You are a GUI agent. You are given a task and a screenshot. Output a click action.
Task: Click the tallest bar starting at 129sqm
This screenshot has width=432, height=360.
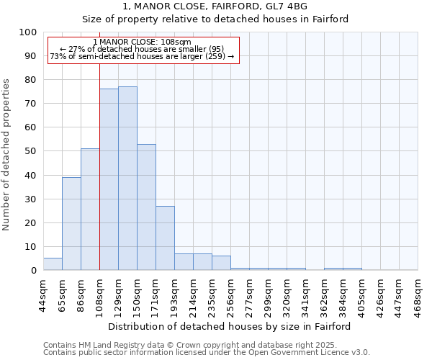point(127,179)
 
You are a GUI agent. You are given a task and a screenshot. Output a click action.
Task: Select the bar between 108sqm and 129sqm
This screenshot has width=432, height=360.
point(109,179)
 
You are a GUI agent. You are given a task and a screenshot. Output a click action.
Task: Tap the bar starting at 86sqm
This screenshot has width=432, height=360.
point(90,210)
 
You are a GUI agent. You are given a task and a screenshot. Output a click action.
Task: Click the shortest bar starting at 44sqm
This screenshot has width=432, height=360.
point(53,264)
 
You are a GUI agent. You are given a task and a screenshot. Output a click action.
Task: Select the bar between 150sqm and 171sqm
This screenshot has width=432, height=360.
point(146,207)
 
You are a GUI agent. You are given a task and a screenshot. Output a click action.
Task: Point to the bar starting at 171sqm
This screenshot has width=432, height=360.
point(165,238)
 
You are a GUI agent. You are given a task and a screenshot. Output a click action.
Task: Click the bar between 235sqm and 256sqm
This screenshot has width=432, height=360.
point(221,263)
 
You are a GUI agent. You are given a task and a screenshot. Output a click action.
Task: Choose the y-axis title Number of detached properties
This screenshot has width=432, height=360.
point(7,154)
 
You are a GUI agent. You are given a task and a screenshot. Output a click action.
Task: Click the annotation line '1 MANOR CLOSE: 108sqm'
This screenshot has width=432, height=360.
point(142,42)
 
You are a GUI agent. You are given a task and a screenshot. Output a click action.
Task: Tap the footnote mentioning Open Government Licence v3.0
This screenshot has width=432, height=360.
point(206,353)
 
